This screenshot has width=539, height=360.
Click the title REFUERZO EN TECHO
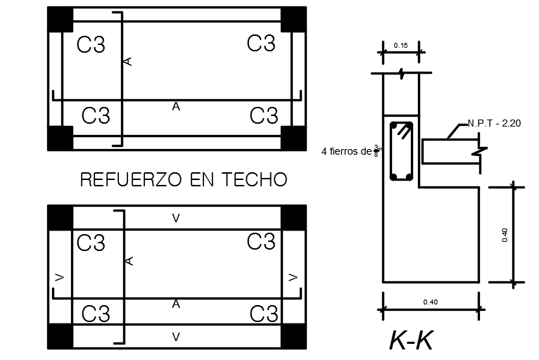pyautogui.click(x=184, y=180)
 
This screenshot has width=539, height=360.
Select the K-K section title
pyautogui.click(x=411, y=340)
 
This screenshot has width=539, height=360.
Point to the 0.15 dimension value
pyautogui.click(x=401, y=46)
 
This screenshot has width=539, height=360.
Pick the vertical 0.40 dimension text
pyautogui.click(x=505, y=235)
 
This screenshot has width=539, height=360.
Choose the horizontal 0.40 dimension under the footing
pyautogui.click(x=430, y=302)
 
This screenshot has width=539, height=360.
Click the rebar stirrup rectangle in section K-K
pyautogui.click(x=401, y=152)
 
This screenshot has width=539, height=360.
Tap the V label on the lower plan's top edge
pyautogui.click(x=176, y=219)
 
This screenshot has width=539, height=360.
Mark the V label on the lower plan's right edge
pyautogui.click(x=293, y=277)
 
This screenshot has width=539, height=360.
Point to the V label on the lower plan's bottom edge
pyautogui.click(x=176, y=337)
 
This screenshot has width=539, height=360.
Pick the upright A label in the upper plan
pyautogui.click(x=176, y=107)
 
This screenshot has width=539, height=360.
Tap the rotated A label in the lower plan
pyautogui.click(x=128, y=261)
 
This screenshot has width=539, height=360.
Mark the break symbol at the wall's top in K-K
pyautogui.click(x=400, y=72)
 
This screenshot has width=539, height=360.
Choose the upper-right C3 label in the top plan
pyautogui.click(x=261, y=44)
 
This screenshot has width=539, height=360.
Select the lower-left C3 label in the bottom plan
pyautogui.click(x=96, y=314)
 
